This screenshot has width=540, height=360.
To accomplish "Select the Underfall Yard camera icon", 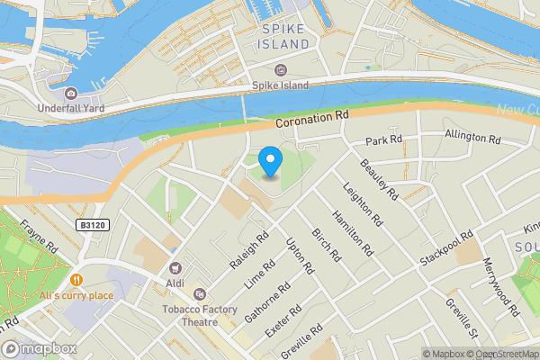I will [x=71, y=94].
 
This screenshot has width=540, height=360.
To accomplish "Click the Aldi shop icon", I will [x=175, y=267].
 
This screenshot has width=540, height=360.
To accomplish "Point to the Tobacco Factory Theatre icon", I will [x=199, y=294].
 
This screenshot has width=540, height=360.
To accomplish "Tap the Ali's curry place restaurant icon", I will [x=76, y=280].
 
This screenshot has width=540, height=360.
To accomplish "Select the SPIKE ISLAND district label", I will [x=285, y=36].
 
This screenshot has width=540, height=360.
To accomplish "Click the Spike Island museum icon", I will [x=280, y=70].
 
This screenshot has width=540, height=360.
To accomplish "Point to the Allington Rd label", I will [x=472, y=138].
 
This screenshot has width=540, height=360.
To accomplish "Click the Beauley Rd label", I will [x=379, y=178].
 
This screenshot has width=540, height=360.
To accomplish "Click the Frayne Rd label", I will [x=40, y=236].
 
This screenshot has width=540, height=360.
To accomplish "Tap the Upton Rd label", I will [x=300, y=256].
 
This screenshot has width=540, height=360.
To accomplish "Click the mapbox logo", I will [x=39, y=348].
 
